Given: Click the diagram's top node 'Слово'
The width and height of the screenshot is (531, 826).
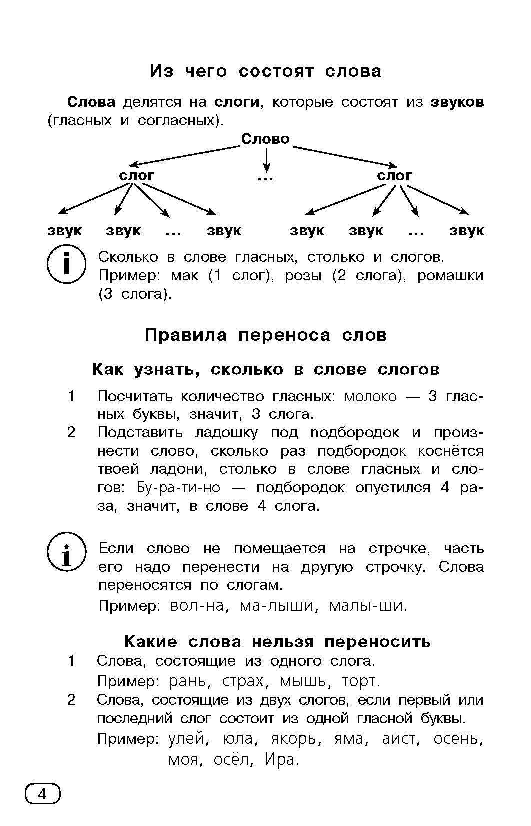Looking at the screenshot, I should coord(265,139).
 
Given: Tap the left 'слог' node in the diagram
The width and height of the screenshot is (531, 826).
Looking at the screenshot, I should coord(136,176).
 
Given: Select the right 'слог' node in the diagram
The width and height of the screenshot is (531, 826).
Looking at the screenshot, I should coord(394,176).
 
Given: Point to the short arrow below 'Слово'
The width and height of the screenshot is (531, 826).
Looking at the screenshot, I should coord(267,160).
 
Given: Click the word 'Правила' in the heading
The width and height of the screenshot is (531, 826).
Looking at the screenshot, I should coord(186,335).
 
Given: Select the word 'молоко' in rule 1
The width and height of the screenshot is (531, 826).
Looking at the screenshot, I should coord(370,397).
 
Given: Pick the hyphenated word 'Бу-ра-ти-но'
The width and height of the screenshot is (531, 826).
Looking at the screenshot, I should coord(178,488).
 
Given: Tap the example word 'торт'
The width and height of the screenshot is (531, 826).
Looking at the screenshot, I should coord(360,681).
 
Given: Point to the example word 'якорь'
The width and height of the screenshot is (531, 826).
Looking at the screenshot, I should coord(293,739).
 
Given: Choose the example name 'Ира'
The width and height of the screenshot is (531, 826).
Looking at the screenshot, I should coord(281,760).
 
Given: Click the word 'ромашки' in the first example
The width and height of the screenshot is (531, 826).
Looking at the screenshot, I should coord(450,276).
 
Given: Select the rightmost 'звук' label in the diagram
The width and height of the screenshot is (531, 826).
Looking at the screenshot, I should coord(466,231).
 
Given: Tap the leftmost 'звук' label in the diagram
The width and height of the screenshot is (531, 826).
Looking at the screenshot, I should coord(65,231).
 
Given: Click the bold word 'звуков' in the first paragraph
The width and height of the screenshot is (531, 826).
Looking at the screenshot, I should coord(457,102).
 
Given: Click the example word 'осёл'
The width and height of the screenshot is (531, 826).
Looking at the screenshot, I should coord(230,760).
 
